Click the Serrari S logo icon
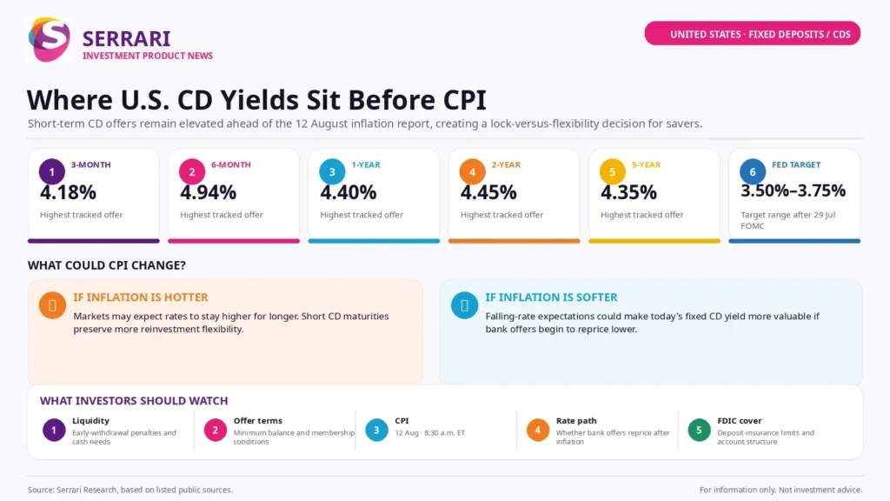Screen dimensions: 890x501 pos(49,39)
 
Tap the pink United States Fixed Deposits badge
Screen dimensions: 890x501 pos(752,34)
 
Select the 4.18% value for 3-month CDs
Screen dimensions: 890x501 pos(68,192)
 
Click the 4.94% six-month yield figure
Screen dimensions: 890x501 pos(209,192)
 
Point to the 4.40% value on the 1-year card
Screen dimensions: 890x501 pos(349,192)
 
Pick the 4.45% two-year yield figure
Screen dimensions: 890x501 pos(488,192)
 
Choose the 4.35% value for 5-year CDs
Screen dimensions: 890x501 pos(629,192)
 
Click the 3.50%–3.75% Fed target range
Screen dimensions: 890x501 pos(793,190)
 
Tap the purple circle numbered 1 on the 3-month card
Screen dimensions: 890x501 pos(51,171)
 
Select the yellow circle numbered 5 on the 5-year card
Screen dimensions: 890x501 pos(613,171)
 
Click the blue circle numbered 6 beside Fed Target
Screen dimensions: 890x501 pos(753,171)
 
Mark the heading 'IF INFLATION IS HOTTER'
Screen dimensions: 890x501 pos(141,297)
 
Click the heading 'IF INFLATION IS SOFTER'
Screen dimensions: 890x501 pos(551,297)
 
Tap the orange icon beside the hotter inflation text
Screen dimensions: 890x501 pos(52,305)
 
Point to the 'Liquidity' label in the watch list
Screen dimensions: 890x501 pos(90,421)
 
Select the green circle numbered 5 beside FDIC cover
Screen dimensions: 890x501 pos(700,431)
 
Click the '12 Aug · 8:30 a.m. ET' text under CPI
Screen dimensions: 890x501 pos(429,433)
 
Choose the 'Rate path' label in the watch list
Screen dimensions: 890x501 pos(576,421)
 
